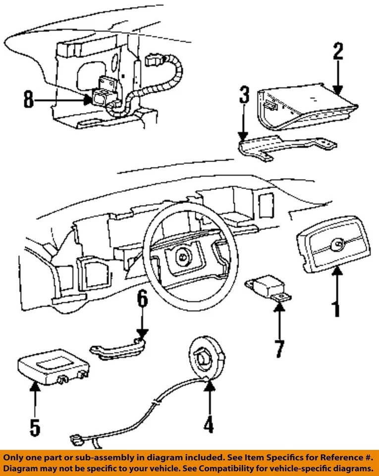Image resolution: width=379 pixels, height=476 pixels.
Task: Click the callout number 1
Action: click(x=336, y=303)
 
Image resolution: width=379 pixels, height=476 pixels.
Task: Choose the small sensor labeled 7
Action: click(x=270, y=287)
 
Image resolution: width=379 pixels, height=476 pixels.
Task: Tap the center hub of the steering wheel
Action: click(x=182, y=256)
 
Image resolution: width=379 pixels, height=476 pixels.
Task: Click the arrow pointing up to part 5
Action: click(x=34, y=399)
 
